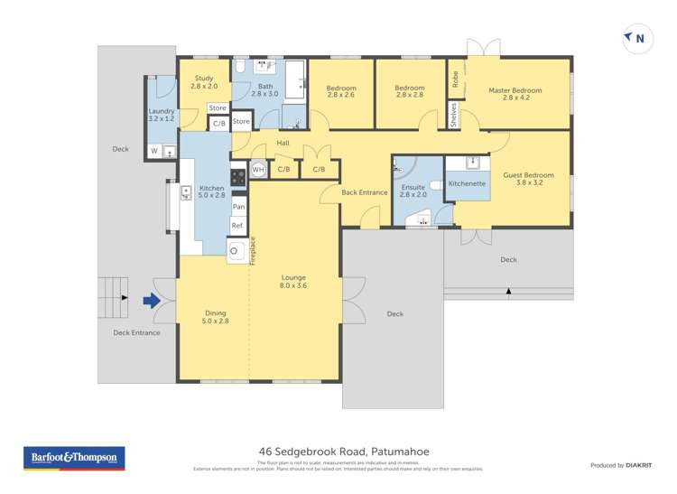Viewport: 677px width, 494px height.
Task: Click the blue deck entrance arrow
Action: [x=153, y=300]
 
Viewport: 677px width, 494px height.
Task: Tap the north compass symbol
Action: [x=635, y=38]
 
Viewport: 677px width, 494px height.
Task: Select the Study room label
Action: [x=205, y=82]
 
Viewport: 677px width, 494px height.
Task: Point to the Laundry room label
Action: [x=162, y=115]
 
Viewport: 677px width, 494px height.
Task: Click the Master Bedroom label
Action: [x=515, y=95]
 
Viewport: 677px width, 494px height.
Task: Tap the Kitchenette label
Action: [x=468, y=183]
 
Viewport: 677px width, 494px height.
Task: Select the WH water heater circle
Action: [x=258, y=169]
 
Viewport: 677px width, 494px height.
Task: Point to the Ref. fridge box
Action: [x=238, y=226]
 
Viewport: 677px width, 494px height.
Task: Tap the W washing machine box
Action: [x=153, y=151]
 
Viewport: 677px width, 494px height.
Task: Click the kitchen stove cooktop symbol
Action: [x=238, y=177]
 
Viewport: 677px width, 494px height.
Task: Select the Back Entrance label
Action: [x=365, y=192]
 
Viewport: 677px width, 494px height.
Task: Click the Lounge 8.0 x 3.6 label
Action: [x=293, y=282]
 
